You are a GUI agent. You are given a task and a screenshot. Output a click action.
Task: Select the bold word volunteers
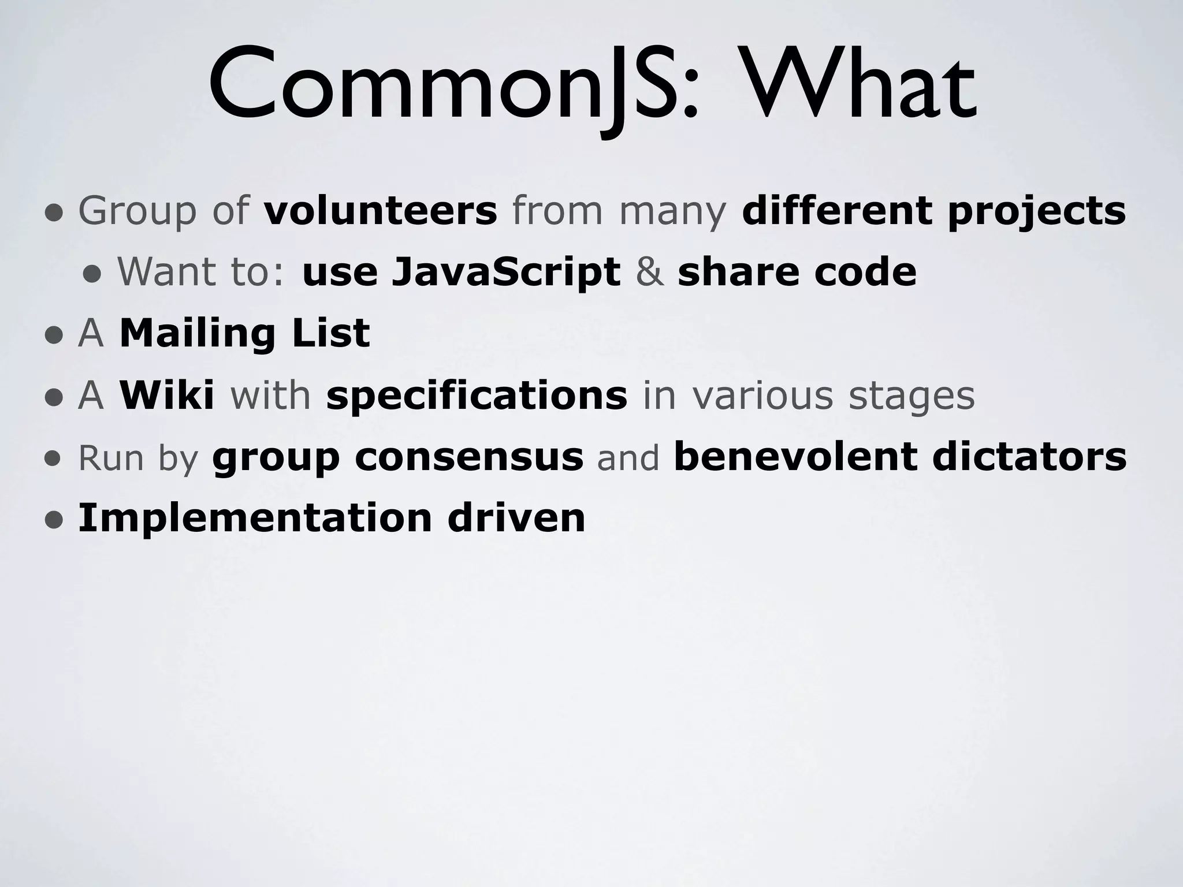[x=380, y=210]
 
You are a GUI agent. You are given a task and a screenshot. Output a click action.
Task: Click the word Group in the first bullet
[x=137, y=210]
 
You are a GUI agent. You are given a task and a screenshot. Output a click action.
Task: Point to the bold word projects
[x=1036, y=211]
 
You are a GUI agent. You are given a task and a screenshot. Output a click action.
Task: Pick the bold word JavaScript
[x=506, y=273]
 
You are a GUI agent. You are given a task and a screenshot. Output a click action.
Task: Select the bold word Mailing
[x=196, y=334]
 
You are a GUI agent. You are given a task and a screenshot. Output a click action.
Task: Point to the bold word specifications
[x=477, y=396]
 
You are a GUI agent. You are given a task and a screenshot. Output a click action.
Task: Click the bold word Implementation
[x=255, y=519]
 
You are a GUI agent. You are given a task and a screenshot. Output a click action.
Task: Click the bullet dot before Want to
[x=93, y=274]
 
